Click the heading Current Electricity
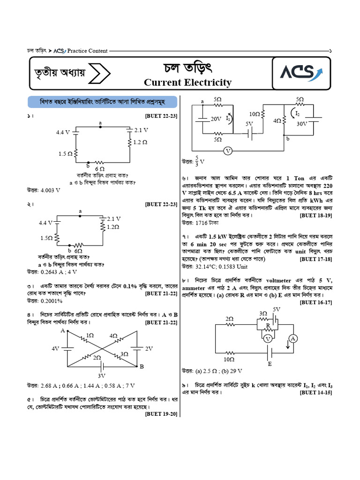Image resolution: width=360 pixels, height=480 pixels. pos(187,83)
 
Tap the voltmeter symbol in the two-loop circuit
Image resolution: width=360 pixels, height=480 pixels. pos(227,151)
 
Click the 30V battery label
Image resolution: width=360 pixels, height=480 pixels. pos(302,124)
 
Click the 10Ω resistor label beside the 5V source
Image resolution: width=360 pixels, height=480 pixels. pos(255,114)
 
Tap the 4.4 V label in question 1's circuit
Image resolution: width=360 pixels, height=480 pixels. pos(63,132)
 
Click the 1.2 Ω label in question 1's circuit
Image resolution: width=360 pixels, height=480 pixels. pos(141,141)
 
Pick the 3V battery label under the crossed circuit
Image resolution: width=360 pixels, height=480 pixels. pos(102,375)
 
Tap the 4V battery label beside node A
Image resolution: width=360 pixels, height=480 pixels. pos(55,349)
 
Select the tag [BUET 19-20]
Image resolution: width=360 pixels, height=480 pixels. pos(161,414)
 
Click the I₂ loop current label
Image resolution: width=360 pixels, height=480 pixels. pos(298,113)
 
